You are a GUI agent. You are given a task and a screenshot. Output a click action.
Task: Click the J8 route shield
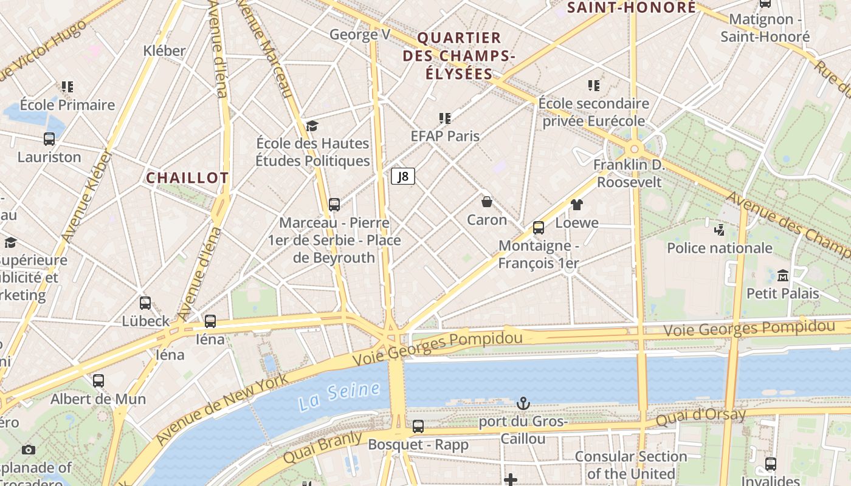click(402, 177)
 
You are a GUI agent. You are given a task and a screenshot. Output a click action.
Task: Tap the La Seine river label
click(340, 395)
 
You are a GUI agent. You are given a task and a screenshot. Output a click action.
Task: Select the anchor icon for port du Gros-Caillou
click(523, 403)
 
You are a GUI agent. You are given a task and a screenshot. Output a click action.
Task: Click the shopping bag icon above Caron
click(487, 202)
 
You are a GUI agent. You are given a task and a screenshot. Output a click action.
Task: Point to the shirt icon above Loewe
click(576, 205)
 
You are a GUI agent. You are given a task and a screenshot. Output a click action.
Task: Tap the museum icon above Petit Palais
click(782, 276)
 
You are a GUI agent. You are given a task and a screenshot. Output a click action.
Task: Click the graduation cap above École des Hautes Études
click(312, 126)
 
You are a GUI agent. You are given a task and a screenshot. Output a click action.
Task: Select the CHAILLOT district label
click(187, 178)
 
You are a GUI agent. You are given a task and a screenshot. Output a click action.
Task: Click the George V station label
click(360, 35)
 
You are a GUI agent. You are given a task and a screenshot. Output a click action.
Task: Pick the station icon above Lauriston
click(49, 139)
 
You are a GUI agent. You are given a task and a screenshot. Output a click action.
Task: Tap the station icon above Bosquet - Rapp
click(418, 426)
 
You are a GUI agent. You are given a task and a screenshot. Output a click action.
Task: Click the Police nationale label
click(720, 248)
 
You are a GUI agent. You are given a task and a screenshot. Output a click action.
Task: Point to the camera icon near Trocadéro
click(28, 450)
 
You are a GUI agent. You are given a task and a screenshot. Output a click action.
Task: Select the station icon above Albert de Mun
click(98, 381)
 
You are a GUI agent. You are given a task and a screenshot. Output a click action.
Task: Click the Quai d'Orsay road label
click(700, 417)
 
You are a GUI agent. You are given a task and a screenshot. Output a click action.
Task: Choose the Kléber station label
click(164, 50)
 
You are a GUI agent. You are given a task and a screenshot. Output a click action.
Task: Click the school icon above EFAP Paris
click(445, 118)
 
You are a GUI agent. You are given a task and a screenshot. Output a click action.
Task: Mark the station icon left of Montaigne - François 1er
click(538, 228)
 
